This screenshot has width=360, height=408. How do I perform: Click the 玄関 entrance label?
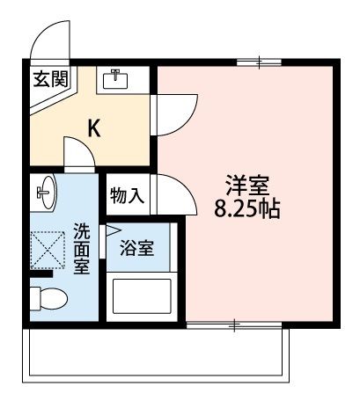coord(50,78)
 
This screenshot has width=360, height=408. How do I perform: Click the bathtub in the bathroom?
coord(141,297)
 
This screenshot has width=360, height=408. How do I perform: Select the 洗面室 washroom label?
coord(81,250)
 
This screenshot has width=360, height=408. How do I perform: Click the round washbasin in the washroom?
coord(44,189)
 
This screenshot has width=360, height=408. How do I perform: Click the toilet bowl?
coord(48,298)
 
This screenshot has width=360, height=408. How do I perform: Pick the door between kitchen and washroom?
coord(79,156)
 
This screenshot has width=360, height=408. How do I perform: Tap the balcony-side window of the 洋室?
coord(236,324)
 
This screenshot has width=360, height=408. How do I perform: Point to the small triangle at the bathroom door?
coord(113,234)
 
